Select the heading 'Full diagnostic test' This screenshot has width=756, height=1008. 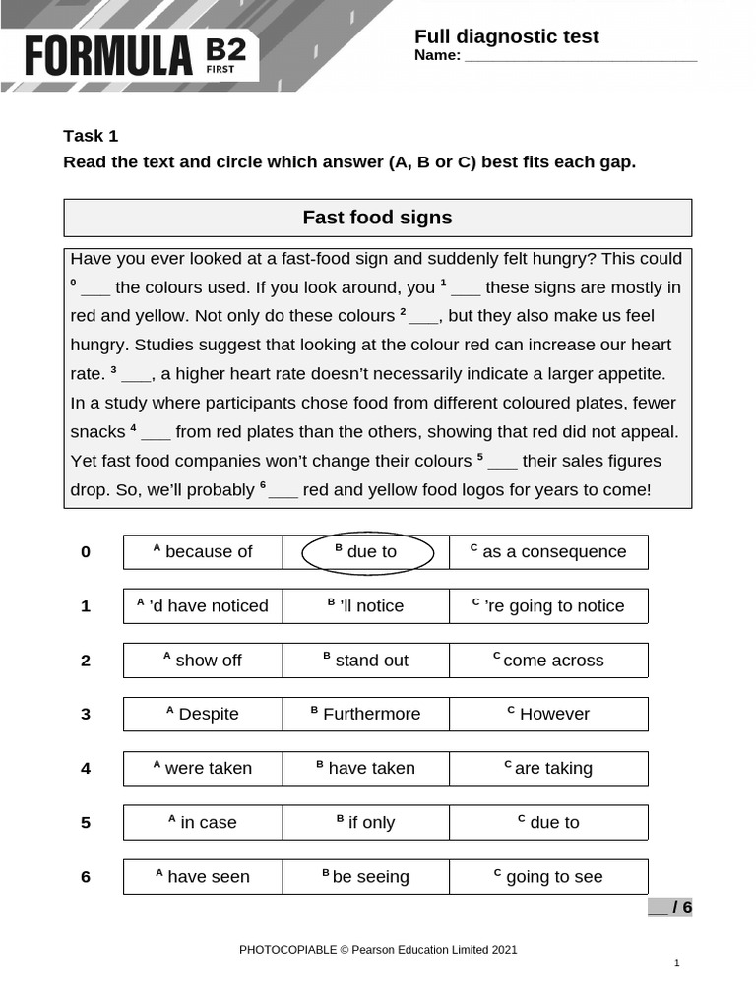[x=506, y=36]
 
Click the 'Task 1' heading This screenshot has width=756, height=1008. [x=91, y=136]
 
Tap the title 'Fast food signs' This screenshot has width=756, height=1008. [x=377, y=218]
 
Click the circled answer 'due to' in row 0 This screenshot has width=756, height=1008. [x=367, y=552]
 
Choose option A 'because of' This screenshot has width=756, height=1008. [x=203, y=552]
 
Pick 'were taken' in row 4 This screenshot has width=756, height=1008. [x=203, y=769]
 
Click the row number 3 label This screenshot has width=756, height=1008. [x=86, y=715]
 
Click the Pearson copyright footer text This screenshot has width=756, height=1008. [x=378, y=950]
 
